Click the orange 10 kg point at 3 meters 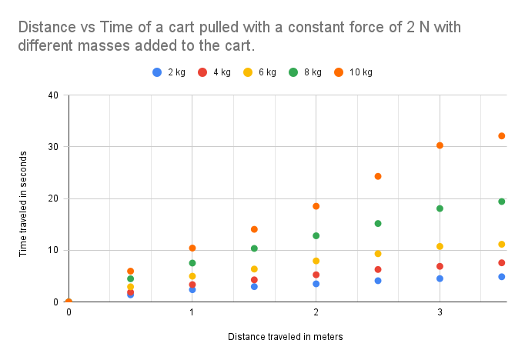coord(440,145)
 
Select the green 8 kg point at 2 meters coord(316,235)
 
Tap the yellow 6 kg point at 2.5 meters coord(378,254)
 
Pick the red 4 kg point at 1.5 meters coord(254,280)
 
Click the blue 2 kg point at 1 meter coord(192,289)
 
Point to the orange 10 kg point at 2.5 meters coord(378,176)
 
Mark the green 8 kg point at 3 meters coord(440,208)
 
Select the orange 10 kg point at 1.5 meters coord(254,229)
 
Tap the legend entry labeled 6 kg coord(261,72)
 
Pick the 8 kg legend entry coord(307,72)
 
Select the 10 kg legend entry coord(354,72)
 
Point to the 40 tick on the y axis coord(54,95)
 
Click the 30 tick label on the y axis coord(54,147)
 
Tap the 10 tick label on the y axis coord(54,250)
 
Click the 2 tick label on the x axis coord(316,312)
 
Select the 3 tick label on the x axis coord(440,312)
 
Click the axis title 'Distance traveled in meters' coord(285,336)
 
